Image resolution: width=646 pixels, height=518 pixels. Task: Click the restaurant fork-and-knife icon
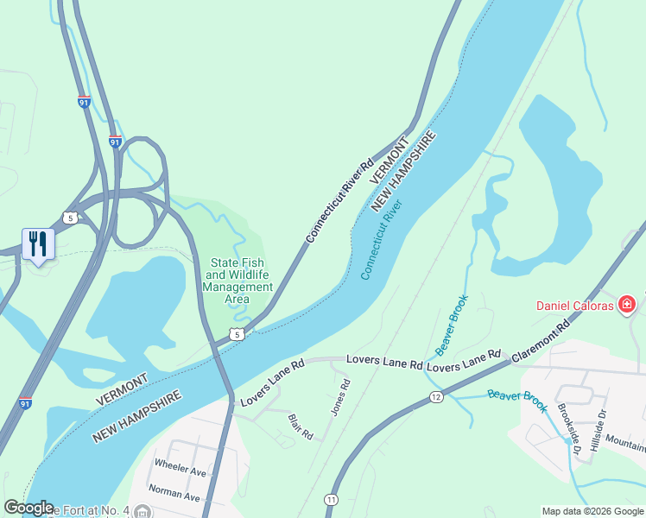38,243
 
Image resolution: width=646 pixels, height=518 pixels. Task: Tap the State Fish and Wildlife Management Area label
237,281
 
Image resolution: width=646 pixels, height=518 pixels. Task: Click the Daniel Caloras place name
574,306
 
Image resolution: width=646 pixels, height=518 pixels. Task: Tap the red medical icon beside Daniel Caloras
627,304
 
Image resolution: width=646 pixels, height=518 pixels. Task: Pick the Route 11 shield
331,499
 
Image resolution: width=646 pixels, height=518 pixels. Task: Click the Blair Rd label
300,426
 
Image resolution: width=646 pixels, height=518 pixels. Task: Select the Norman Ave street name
174,497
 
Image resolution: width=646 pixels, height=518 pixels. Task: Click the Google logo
28,508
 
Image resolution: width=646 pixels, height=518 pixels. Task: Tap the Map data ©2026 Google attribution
592,511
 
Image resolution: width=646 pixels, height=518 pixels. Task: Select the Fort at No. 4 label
86,510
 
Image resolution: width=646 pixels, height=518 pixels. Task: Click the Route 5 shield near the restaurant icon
70,218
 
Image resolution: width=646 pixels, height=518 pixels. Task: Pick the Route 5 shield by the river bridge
237,334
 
